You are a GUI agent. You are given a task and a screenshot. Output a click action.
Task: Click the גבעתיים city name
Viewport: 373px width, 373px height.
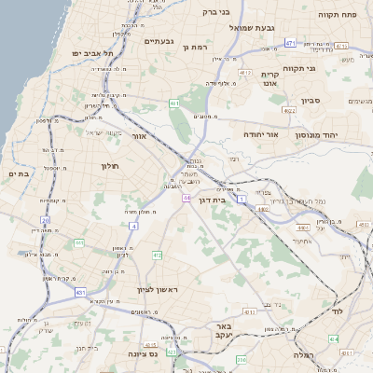tap(159, 41)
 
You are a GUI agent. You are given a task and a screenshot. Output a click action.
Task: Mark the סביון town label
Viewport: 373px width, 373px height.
tap(311, 100)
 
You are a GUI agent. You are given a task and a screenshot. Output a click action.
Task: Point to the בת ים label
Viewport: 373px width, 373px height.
tap(20, 173)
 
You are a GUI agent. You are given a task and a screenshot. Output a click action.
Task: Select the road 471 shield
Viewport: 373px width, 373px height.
tap(290, 43)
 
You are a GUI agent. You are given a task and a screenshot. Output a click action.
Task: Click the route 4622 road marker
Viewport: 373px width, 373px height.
tap(289, 111)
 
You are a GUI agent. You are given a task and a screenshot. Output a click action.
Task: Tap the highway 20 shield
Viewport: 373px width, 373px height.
tap(45, 221)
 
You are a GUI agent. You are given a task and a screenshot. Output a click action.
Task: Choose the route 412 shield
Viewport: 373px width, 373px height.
tap(156, 255)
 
